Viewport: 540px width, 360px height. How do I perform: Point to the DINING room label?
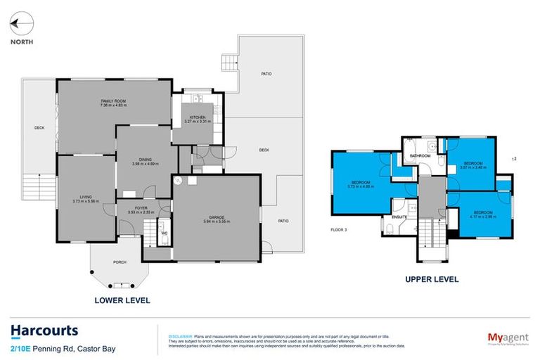144,160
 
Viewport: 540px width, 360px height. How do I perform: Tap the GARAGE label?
216,217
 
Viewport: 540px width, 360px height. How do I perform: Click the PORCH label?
120,262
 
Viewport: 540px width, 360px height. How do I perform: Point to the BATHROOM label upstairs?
420,155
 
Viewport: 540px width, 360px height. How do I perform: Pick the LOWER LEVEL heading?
122,300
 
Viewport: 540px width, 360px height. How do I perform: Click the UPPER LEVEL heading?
432,279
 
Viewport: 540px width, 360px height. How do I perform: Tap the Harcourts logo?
44,331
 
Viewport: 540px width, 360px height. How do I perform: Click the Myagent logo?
508,336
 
